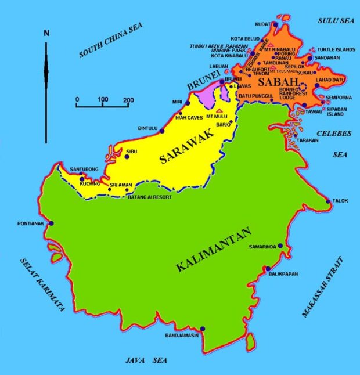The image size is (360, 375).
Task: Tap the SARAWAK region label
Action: click(x=187, y=147)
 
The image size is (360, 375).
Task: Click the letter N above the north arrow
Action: click(x=46, y=33)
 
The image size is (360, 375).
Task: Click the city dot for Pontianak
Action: click(x=51, y=223)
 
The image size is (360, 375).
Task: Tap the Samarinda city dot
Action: click(x=280, y=246)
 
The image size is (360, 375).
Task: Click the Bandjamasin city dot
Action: click(x=202, y=329)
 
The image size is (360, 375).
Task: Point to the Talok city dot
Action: click(x=329, y=201)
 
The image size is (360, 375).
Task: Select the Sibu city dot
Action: click(x=127, y=157)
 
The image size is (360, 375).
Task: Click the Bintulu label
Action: click(x=147, y=128)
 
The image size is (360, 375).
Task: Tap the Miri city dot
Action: click(x=188, y=103)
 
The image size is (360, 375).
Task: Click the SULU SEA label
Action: click(x=335, y=21)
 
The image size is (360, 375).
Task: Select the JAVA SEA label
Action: click(x=146, y=360)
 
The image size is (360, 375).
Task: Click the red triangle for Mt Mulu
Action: click(x=218, y=110)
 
